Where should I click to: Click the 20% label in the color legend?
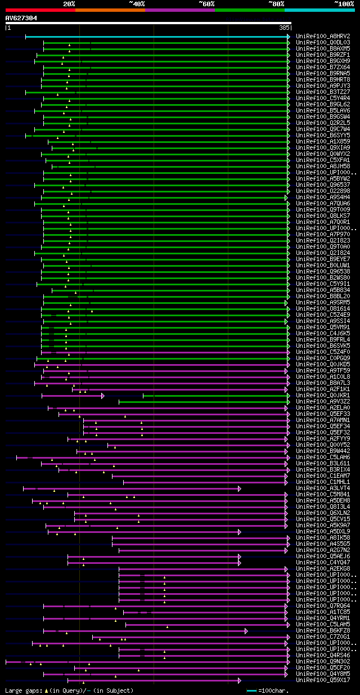pos(69,3)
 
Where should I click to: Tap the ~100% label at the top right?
pos(344,3)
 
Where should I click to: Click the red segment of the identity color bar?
pos(40,10)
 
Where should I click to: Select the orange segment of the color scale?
pos(110,10)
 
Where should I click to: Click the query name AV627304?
pos(21,18)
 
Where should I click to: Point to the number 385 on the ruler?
pos(283,28)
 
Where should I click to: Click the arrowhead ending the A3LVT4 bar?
pos(239,488)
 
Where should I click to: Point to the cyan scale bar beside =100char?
pos(251,690)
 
